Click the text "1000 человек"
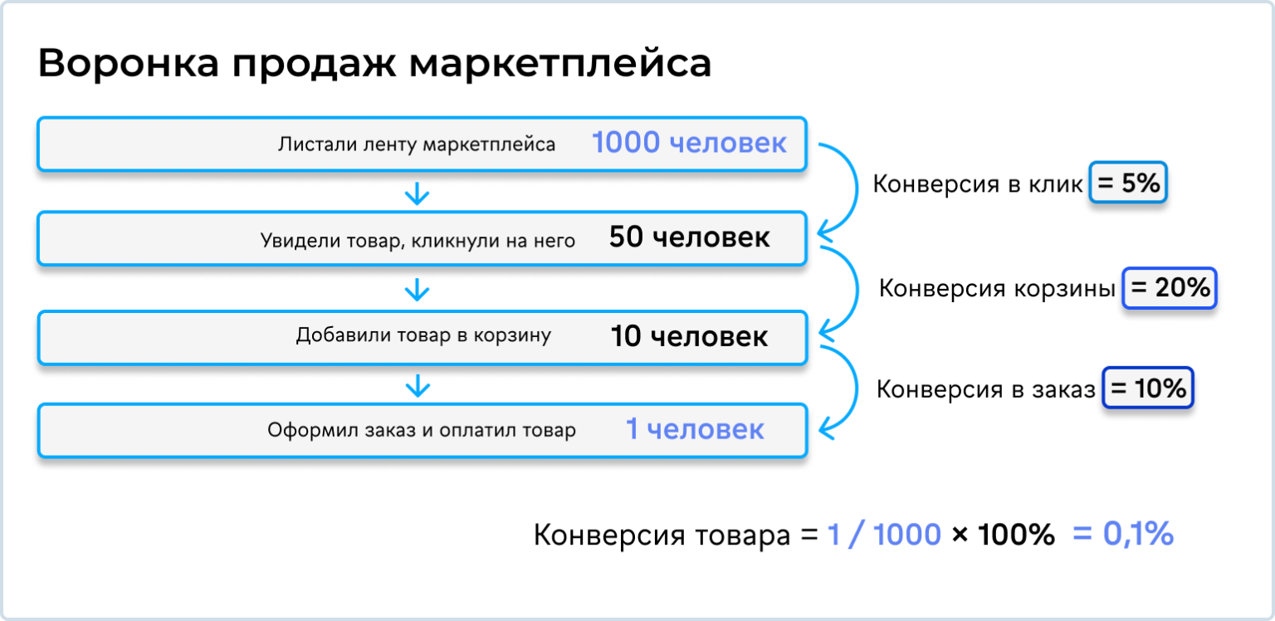pyautogui.click(x=689, y=144)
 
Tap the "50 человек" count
pyautogui.click(x=689, y=238)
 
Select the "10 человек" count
pyautogui.click(x=689, y=336)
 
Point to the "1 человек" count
pyautogui.click(x=694, y=429)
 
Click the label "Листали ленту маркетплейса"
pyautogui.click(x=417, y=144)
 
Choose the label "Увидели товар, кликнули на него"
pyautogui.click(x=418, y=241)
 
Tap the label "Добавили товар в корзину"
pyautogui.click(x=423, y=336)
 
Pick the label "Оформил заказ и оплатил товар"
pyautogui.click(x=421, y=431)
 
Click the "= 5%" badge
pyautogui.click(x=1127, y=183)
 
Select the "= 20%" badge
pyautogui.click(x=1170, y=288)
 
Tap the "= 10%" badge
pyautogui.click(x=1148, y=388)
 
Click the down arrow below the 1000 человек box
pyautogui.click(x=417, y=194)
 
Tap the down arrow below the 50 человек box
pyautogui.click(x=417, y=290)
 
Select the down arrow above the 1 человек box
pyautogui.click(x=418, y=384)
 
